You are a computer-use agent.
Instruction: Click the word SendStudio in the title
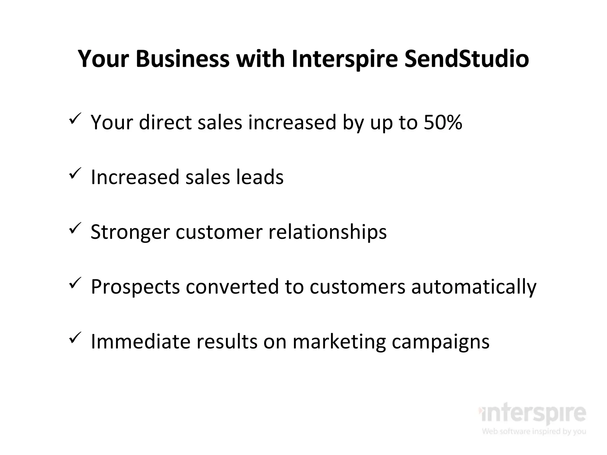(x=467, y=59)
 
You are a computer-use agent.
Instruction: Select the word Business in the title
(x=183, y=59)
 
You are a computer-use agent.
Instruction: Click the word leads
(x=260, y=177)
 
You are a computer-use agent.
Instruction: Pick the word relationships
(x=328, y=232)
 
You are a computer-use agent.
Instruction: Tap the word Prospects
(x=135, y=287)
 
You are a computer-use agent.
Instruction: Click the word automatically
(x=474, y=287)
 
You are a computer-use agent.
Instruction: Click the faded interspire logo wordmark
(x=532, y=413)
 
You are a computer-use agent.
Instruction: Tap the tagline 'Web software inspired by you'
(x=534, y=431)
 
